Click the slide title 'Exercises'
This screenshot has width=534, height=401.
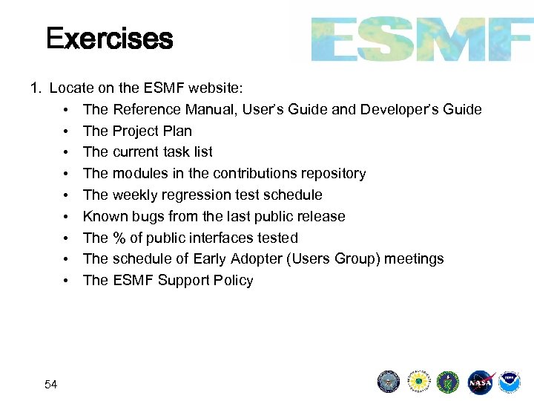109,38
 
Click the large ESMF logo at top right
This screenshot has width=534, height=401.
421,39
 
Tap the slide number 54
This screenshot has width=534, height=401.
51,384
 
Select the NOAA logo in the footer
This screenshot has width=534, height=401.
510,382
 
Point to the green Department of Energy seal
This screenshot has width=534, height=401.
448,382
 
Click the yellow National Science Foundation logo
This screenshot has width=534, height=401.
418,382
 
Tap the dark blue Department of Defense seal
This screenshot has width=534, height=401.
389,382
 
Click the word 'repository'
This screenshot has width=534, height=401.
334,174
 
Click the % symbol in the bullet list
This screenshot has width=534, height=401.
119,238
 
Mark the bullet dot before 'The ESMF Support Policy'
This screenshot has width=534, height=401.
66,281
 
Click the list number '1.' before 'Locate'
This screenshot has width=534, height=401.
36,88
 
